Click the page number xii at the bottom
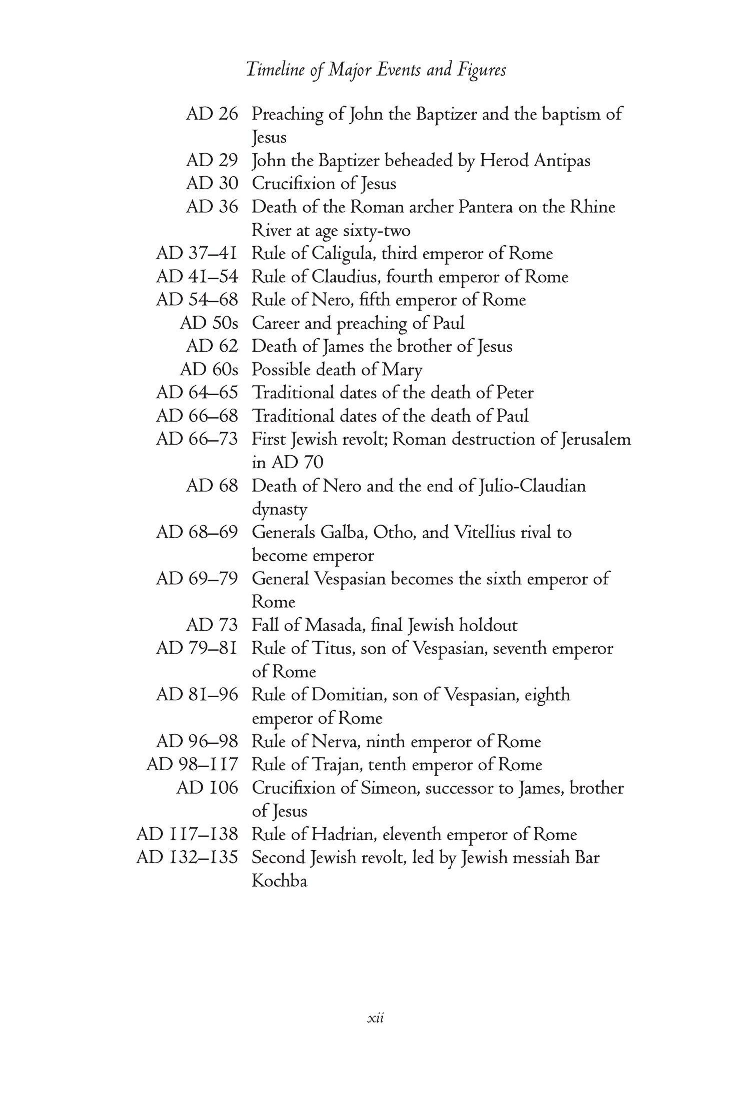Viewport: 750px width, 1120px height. [376, 1018]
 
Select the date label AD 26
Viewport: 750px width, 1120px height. [212, 114]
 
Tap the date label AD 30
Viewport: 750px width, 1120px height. [212, 183]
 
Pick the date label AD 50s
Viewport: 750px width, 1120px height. [209, 323]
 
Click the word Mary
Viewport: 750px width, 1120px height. [402, 370]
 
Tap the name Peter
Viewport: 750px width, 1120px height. [515, 392]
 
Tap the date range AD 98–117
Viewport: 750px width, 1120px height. [192, 764]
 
